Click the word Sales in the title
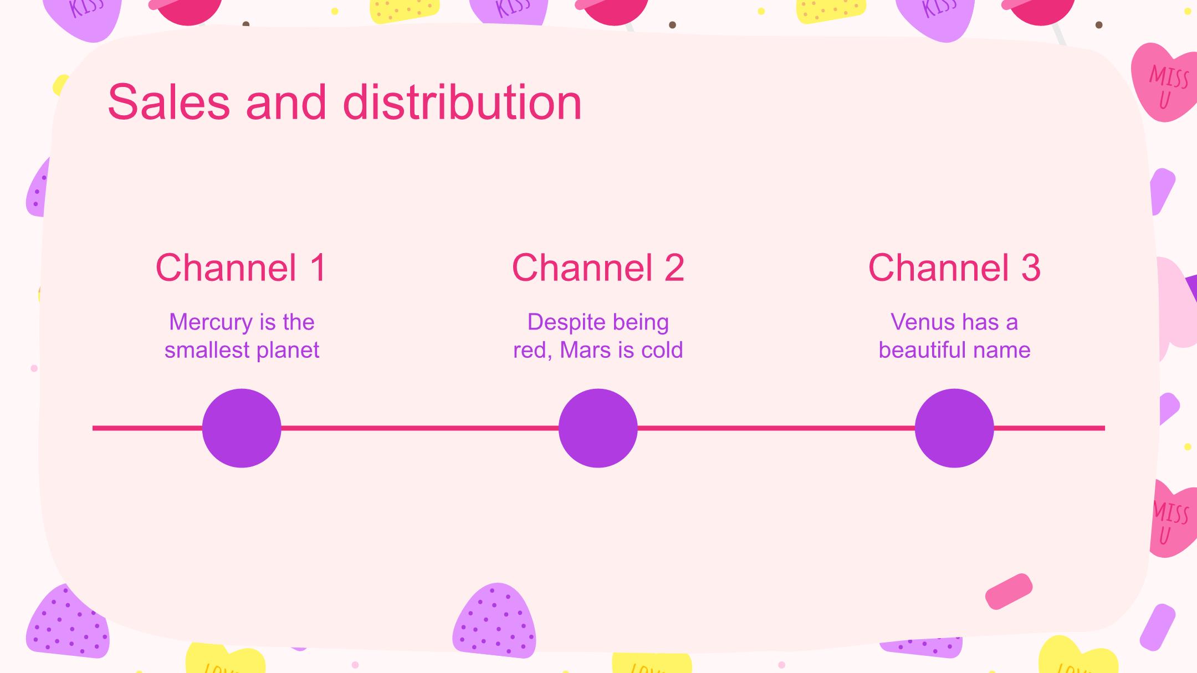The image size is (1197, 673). pyautogui.click(x=168, y=102)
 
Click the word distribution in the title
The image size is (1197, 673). pyautogui.click(x=463, y=102)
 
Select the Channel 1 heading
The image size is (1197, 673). pyautogui.click(x=241, y=268)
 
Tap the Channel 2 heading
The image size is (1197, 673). pyautogui.click(x=598, y=268)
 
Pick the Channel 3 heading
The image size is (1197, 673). pyautogui.click(x=954, y=268)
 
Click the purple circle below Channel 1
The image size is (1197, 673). pyautogui.click(x=242, y=428)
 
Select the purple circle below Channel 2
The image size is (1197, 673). pyautogui.click(x=598, y=428)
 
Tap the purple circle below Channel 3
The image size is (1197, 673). pyautogui.click(x=954, y=428)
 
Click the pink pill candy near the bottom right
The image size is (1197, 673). pyautogui.click(x=1009, y=592)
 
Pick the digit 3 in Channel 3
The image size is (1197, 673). pyautogui.click(x=1030, y=268)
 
